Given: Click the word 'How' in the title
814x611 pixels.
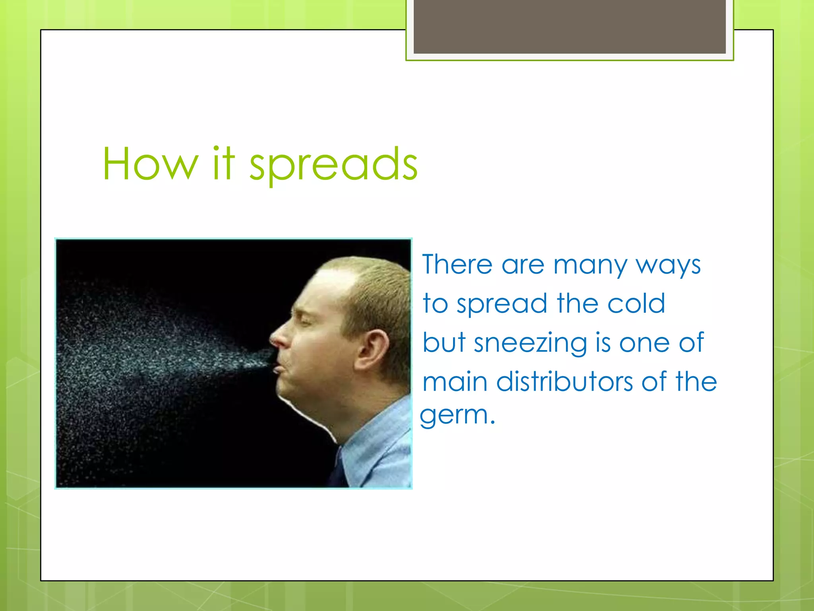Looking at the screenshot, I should point(150,164).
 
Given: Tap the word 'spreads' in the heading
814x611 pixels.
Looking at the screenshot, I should point(333,165).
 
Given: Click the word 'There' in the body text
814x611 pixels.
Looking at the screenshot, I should point(457,265).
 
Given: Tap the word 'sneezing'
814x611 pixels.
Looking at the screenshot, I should point(530,343).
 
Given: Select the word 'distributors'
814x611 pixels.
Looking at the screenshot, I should point(565,381).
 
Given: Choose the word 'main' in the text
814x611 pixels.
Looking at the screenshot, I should point(455,381).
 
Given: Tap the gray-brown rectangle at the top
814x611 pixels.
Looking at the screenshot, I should point(570,27).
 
